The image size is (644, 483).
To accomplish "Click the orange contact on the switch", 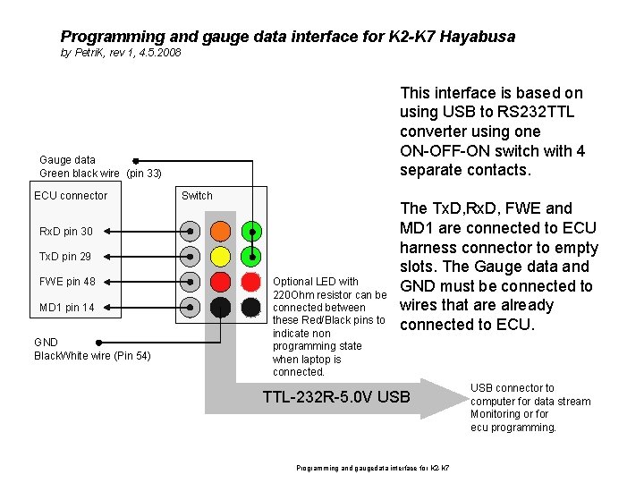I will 221,231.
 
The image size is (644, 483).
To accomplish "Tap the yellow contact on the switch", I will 221,257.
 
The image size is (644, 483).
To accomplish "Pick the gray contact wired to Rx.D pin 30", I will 191,231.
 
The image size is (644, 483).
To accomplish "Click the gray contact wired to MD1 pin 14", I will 191,308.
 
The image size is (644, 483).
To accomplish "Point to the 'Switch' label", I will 197,196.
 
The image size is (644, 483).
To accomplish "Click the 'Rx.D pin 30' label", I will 65,232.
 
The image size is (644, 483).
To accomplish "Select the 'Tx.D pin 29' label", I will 65,257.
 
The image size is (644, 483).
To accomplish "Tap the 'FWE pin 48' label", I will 67,282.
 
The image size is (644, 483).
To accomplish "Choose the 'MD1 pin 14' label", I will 67,308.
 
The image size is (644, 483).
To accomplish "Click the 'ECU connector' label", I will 71,196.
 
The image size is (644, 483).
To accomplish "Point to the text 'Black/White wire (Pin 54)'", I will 92,357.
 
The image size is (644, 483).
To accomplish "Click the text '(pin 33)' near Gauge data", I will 144,173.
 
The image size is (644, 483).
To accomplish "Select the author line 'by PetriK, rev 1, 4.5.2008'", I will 121,54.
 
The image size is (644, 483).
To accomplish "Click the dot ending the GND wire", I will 99,342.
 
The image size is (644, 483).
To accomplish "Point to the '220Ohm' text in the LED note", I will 292,295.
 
